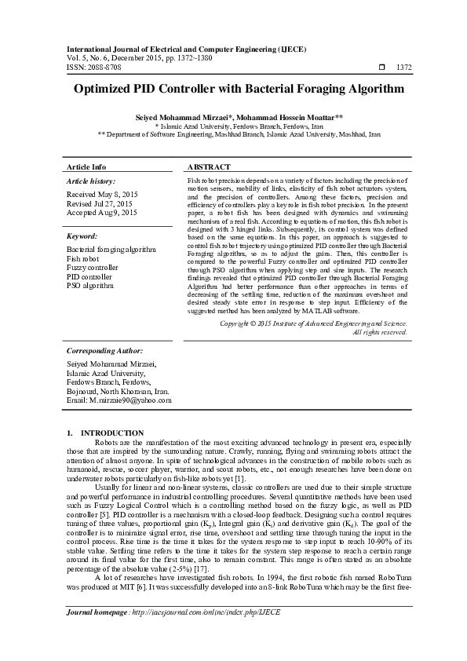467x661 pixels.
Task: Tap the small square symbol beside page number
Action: (x=381, y=68)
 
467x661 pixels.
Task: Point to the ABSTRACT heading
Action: (x=209, y=167)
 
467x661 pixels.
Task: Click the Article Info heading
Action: (x=86, y=167)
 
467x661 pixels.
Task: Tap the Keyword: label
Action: (x=82, y=235)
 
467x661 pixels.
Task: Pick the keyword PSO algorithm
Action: (x=91, y=287)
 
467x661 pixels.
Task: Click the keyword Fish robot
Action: (x=83, y=258)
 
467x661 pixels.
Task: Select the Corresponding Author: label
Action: (x=104, y=350)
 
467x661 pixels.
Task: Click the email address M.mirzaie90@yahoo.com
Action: (x=132, y=400)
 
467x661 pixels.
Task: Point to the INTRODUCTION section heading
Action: (x=112, y=433)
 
